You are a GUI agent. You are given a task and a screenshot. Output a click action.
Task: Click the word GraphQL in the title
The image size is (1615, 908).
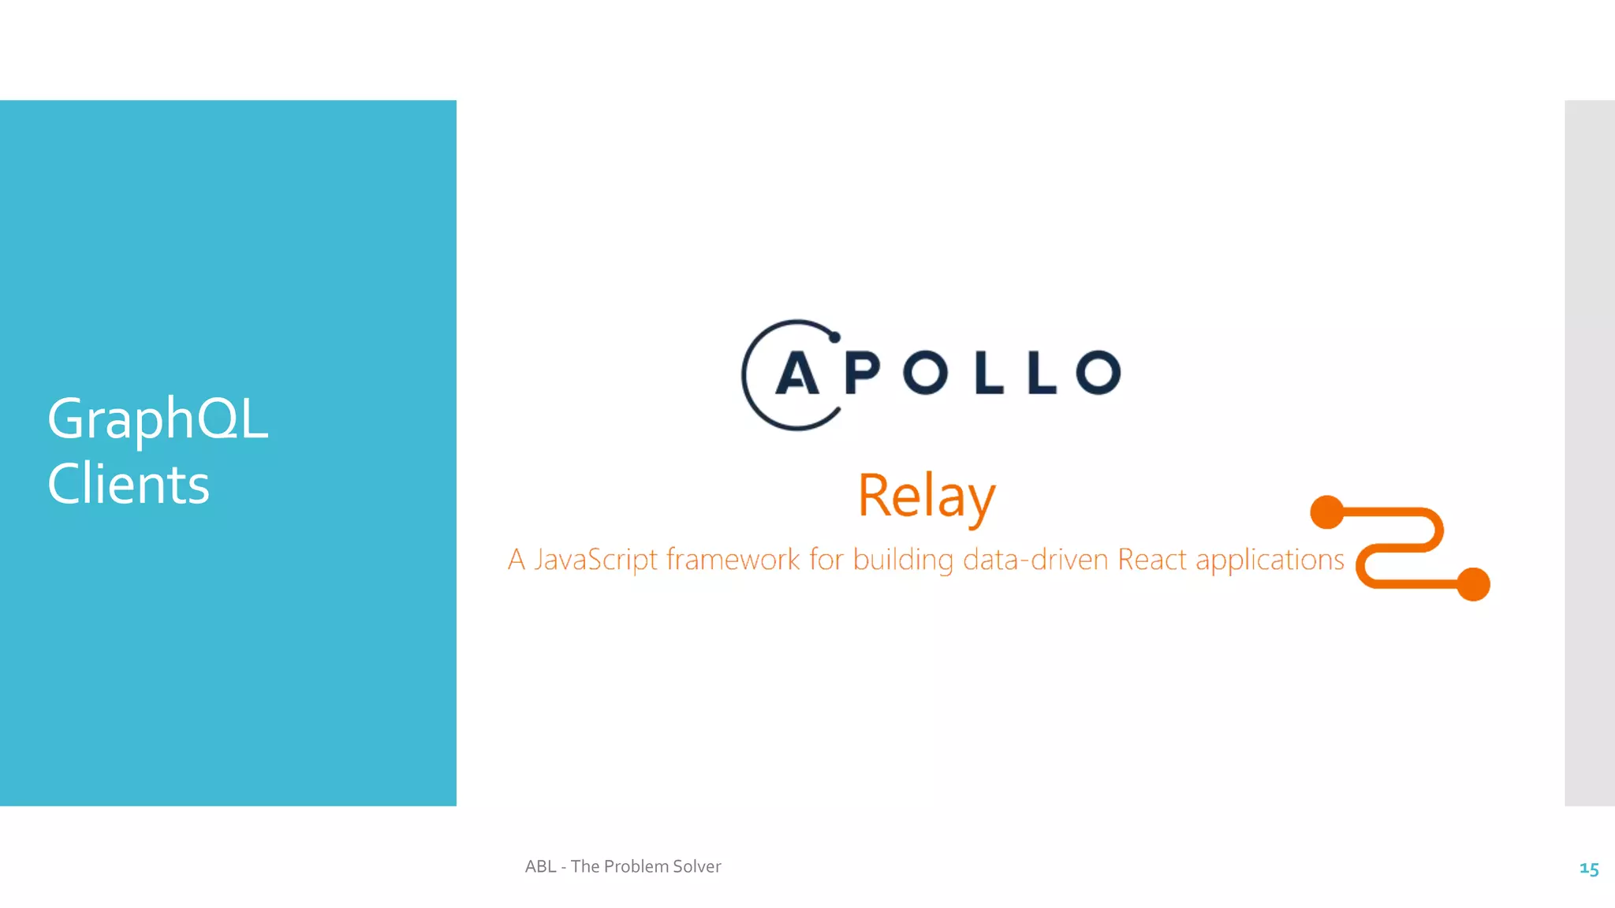158,419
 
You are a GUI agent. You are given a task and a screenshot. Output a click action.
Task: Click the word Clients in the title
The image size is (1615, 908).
129,484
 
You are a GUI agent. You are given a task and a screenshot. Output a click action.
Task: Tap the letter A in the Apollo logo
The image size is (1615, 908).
797,373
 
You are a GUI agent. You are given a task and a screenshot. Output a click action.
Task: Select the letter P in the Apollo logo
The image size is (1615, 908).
862,373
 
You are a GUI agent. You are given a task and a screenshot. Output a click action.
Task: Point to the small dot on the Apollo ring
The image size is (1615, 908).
834,337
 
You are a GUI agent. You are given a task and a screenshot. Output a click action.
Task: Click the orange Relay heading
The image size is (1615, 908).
927,497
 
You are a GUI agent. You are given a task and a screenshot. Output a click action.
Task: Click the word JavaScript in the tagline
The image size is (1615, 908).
595,560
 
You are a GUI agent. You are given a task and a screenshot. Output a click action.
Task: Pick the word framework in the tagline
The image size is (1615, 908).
733,560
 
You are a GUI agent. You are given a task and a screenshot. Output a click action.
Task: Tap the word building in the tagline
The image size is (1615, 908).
903,560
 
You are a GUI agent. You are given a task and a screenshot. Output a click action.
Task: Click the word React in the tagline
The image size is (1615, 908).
1152,560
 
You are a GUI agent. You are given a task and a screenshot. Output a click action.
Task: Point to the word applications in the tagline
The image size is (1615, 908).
1270,560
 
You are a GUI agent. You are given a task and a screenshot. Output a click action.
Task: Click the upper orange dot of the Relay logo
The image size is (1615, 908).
1327,512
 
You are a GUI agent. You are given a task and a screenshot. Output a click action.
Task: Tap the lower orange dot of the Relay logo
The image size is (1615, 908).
1473,584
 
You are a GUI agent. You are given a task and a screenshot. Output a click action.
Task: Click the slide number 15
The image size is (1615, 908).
1589,869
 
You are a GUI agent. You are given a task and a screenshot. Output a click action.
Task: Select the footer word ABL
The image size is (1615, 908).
541,866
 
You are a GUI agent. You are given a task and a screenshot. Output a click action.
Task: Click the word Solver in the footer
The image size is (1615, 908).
697,866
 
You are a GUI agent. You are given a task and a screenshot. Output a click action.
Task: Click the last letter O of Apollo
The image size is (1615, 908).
1098,373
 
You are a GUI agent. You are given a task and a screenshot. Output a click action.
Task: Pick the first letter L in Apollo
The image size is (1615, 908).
989,373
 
